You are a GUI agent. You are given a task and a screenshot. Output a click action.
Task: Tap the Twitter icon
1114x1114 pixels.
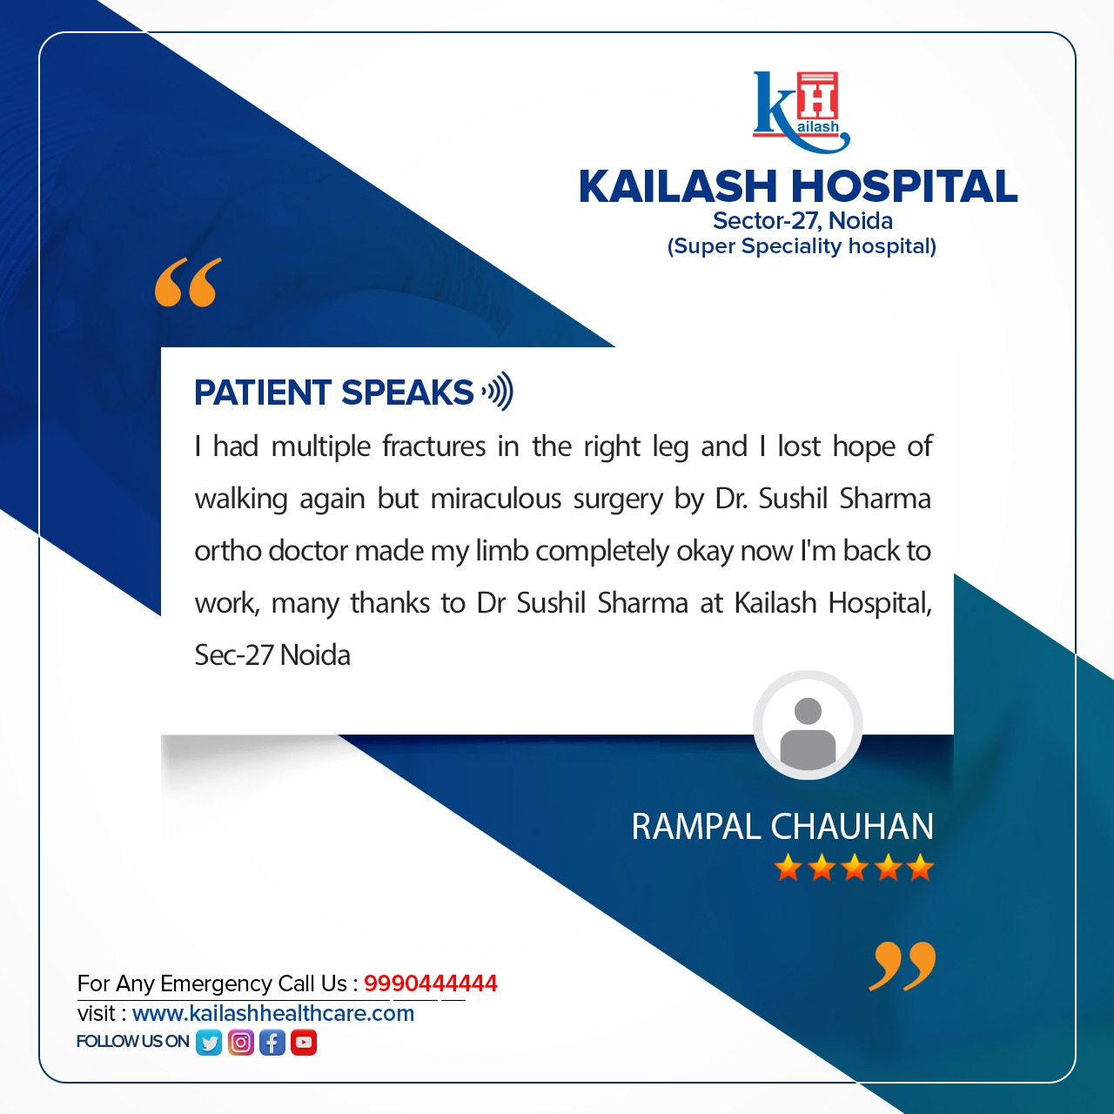209,1042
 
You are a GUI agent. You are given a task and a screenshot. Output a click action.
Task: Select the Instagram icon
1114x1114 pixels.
241,1042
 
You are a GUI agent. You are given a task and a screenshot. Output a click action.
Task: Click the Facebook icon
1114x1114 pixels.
272,1042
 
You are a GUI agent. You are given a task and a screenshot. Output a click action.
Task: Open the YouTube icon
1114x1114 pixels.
304,1042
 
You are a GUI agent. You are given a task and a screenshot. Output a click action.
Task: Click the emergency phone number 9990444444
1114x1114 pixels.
431,983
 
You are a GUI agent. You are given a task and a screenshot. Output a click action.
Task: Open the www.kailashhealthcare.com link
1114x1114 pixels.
273,1013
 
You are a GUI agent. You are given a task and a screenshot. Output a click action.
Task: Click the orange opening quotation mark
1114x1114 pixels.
188,282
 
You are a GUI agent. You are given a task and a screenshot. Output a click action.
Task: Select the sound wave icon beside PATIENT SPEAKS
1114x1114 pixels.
498,392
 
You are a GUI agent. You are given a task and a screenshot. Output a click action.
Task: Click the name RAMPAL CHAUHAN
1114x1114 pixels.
782,827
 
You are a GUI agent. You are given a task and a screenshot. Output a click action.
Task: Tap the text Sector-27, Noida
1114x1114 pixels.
802,221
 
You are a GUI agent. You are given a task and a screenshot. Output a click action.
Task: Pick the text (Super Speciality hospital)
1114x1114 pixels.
802,246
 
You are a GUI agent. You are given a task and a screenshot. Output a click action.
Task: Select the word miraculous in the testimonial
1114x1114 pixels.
496,499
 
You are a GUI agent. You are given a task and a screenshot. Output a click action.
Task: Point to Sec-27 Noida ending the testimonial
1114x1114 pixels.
272,655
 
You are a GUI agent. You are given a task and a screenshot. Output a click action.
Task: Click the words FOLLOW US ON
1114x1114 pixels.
132,1042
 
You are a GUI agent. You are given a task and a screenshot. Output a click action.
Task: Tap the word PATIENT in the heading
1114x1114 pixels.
263,393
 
